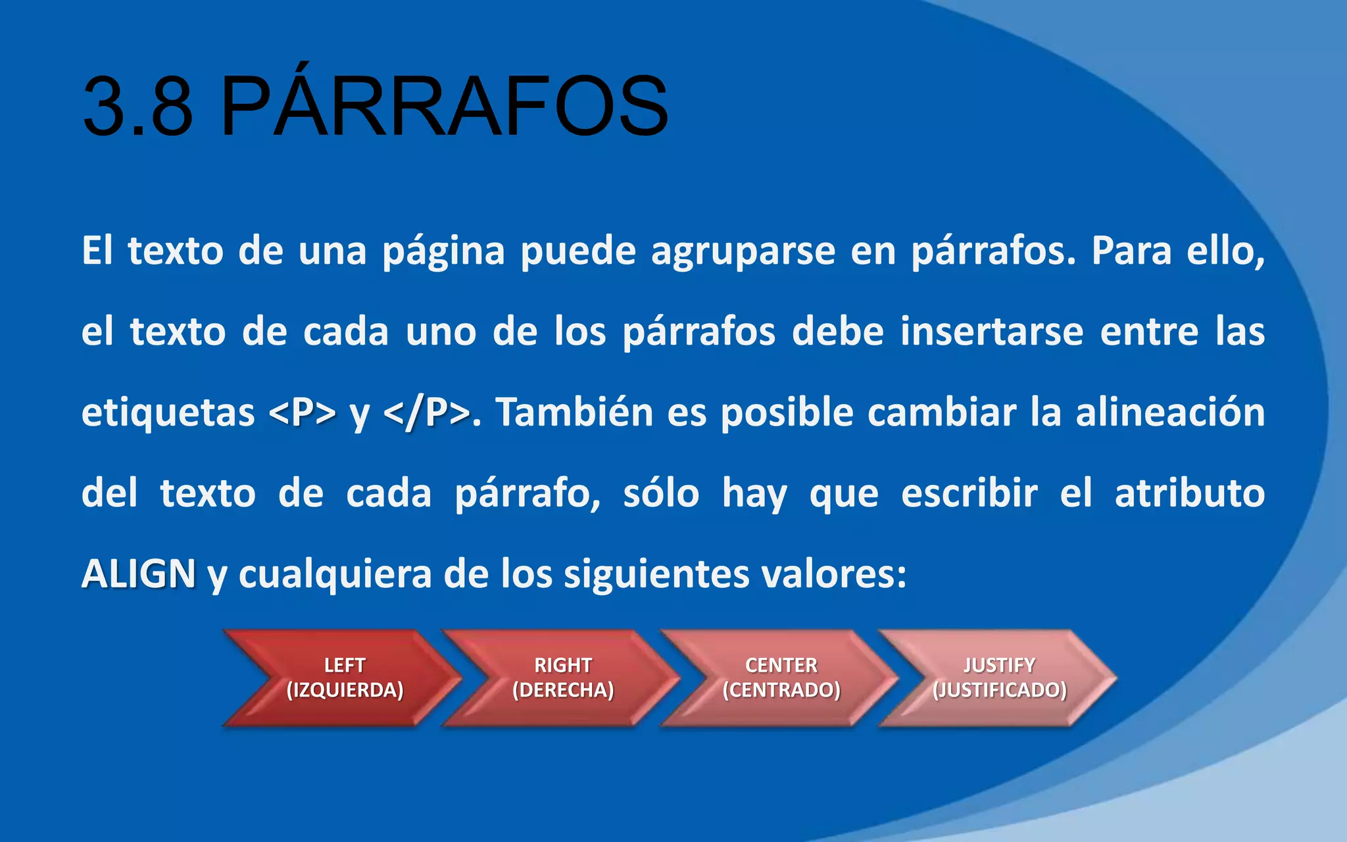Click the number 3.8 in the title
pyautogui.click(x=137, y=107)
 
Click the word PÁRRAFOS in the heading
pyautogui.click(x=444, y=107)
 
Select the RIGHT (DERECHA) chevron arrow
pyautogui.click(x=563, y=678)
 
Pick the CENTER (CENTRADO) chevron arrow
pyautogui.click(x=781, y=678)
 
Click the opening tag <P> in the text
pyautogui.click(x=302, y=413)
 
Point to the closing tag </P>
pyautogui.click(x=426, y=413)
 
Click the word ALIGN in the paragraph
pyautogui.click(x=138, y=574)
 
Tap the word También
pyautogui.click(x=574, y=413)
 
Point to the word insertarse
pyautogui.click(x=992, y=332)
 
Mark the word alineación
pyautogui.click(x=1170, y=413)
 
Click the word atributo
pyautogui.click(x=1189, y=493)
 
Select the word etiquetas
pyautogui.click(x=168, y=413)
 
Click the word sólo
pyautogui.click(x=661, y=493)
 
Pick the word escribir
pyautogui.click(x=969, y=493)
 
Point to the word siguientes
pyautogui.click(x=656, y=574)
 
